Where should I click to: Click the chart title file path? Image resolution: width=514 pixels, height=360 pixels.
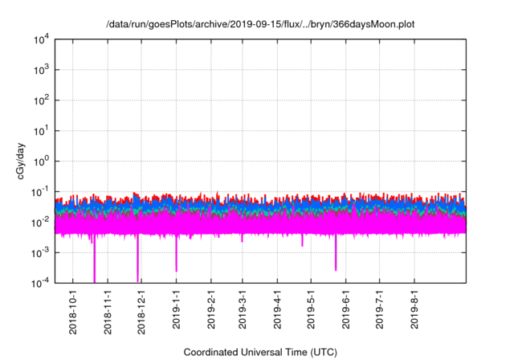pyautogui.click(x=260, y=25)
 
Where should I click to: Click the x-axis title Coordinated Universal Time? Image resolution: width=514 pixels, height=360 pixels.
pyautogui.click(x=260, y=352)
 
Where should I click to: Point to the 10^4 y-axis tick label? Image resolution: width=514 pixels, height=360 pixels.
pyautogui.click(x=40, y=39)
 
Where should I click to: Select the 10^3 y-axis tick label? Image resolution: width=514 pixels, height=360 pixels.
pyautogui.click(x=40, y=70)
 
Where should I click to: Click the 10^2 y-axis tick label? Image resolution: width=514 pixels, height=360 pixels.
pyautogui.click(x=40, y=100)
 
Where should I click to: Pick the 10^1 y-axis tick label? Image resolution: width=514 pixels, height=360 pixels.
pyautogui.click(x=40, y=131)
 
